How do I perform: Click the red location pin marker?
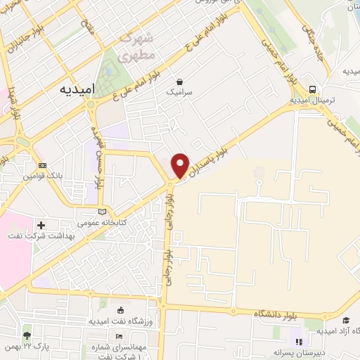pyautogui.click(x=180, y=165)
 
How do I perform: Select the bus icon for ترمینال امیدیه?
pyautogui.click(x=311, y=89)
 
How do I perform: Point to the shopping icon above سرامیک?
pyautogui.click(x=180, y=82)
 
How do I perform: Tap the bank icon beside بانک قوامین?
pyautogui.click(x=43, y=165)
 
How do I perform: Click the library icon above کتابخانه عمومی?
pyautogui.click(x=103, y=211)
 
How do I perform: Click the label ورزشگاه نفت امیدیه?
pyautogui.click(x=117, y=321)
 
